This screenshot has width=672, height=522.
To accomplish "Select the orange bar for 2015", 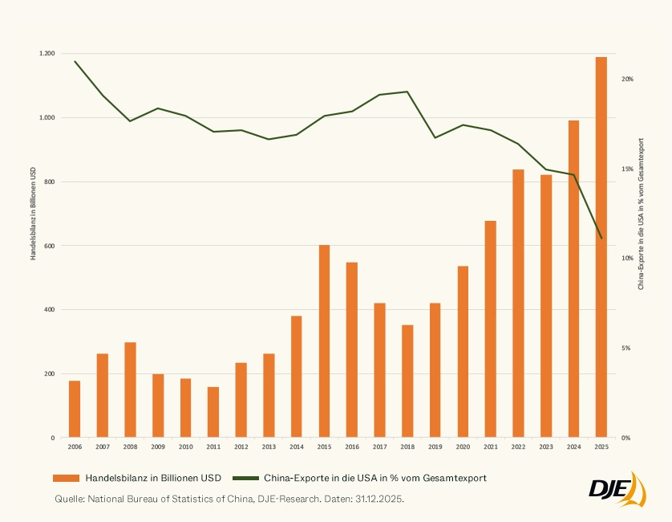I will (x=324, y=341).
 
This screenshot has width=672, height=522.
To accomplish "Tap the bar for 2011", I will (x=213, y=412).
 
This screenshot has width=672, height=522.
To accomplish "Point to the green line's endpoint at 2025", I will (x=601, y=238).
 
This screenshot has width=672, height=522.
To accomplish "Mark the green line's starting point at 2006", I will (x=75, y=61).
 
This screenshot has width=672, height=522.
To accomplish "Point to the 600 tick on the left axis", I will (x=49, y=246).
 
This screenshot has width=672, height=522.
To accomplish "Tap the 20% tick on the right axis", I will (x=628, y=80).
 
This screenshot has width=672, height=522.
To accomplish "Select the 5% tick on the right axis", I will (x=626, y=349).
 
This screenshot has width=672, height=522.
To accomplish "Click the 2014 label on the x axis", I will (x=297, y=447).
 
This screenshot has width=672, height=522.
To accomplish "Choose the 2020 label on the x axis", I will (x=463, y=447).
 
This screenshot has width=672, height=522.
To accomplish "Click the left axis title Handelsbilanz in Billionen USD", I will (x=33, y=213).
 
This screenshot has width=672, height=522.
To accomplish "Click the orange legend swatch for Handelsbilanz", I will (x=67, y=478).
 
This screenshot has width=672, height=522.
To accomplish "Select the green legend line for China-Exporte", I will (x=245, y=478).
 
